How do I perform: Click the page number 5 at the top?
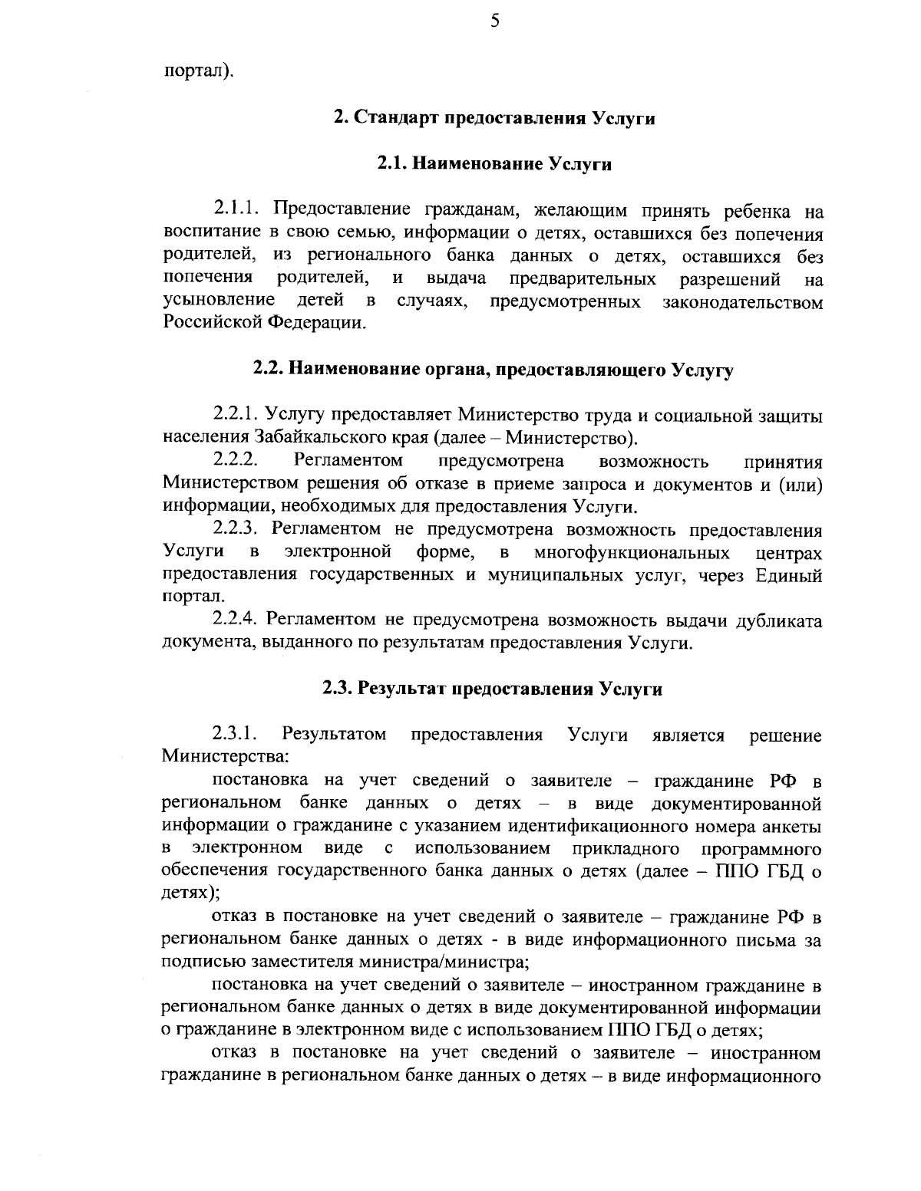tap(494, 21)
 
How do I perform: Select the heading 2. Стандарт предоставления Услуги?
tap(494, 119)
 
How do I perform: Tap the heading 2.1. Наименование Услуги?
tap(494, 164)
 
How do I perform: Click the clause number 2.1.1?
tap(239, 210)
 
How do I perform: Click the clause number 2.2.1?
tap(239, 416)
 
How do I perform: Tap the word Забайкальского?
tap(314, 439)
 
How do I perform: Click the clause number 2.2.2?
tap(239, 461)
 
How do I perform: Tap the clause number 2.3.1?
tap(236, 734)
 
